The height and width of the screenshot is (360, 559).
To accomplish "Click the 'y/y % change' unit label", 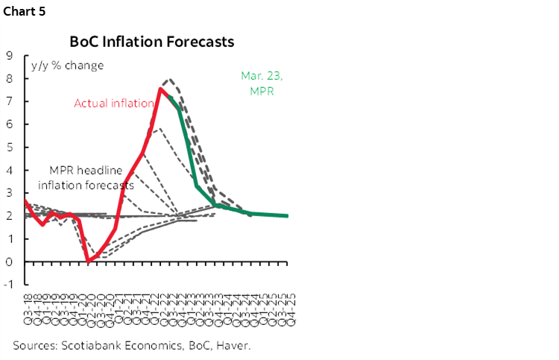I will click(x=67, y=65).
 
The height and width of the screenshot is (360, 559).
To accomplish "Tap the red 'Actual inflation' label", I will click(x=113, y=104).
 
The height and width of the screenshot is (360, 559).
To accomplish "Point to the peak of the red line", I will click(x=161, y=89).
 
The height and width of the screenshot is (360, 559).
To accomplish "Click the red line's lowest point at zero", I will click(x=89, y=261).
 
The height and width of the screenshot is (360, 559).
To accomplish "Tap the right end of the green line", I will click(x=288, y=215).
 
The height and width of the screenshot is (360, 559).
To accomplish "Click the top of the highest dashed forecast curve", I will click(x=170, y=78).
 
